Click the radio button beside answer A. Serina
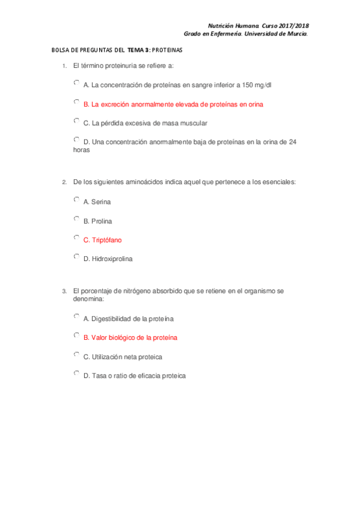76,200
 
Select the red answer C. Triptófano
102,240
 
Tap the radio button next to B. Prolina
76,219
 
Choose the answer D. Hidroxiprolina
108,259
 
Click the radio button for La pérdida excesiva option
76,121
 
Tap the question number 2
64,182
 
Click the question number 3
64,291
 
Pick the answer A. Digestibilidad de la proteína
129,318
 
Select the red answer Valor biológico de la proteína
130,337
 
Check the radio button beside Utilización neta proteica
76,355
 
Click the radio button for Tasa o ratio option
76,373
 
